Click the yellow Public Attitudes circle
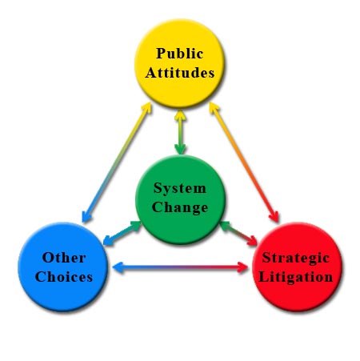179,63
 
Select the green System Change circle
180,199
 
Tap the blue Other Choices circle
63,267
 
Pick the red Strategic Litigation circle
297,267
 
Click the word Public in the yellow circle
180,53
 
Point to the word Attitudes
180,72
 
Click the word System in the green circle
180,189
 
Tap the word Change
180,208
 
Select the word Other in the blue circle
64,258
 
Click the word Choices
64,277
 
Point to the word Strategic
296,259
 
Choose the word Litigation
296,277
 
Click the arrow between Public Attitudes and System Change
180,132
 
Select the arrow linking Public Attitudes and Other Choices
117,162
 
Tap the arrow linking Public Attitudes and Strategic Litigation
244,162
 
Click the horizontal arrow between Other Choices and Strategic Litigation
180,267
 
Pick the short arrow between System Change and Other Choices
122,233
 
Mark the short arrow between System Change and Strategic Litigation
238,233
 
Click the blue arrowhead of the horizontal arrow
118,267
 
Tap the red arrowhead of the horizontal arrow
242,267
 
